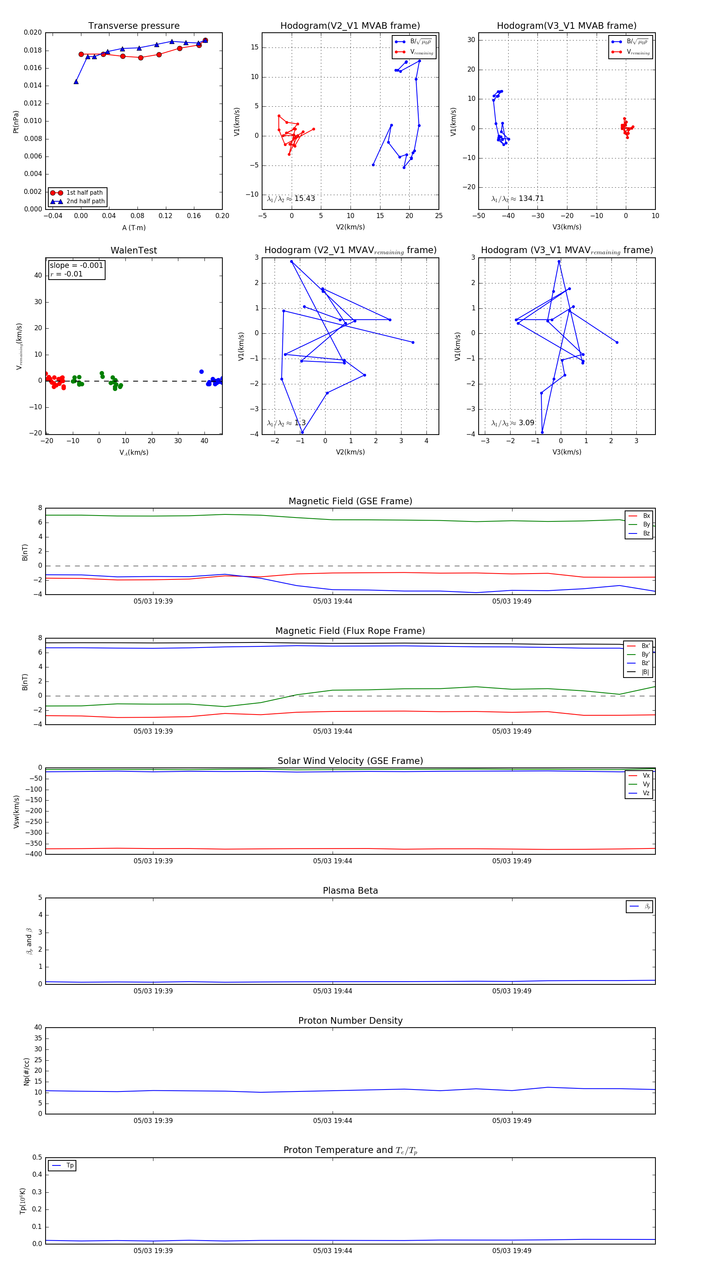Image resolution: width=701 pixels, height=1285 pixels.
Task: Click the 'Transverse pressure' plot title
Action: pyautogui.click(x=134, y=26)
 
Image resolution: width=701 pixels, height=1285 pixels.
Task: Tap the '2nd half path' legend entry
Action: pyautogui.click(x=85, y=202)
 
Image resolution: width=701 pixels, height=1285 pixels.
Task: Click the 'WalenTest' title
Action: pyautogui.click(x=134, y=250)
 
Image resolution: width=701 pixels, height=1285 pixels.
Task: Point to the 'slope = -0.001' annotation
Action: pyautogui.click(x=76, y=266)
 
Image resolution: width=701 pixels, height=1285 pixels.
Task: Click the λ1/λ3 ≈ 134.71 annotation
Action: pyautogui.click(x=518, y=199)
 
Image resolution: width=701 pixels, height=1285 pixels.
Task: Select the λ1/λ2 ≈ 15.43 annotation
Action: pyautogui.click(x=291, y=199)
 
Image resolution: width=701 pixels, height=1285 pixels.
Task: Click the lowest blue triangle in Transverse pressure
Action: pyautogui.click(x=76, y=82)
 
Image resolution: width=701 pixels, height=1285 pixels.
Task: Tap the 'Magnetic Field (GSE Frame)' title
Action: pyautogui.click(x=350, y=501)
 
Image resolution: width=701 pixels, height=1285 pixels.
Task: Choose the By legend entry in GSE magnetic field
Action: pyautogui.click(x=646, y=524)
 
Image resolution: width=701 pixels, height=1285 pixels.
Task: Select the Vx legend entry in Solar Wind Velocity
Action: pyautogui.click(x=646, y=775)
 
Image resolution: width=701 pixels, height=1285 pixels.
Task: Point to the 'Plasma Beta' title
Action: pyautogui.click(x=350, y=891)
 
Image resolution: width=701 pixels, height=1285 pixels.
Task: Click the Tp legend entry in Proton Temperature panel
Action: pyautogui.click(x=70, y=1165)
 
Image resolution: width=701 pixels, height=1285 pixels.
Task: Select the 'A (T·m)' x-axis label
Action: pyautogui.click(x=134, y=227)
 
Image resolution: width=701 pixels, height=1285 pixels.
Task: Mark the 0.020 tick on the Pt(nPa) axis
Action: pyautogui.click(x=33, y=32)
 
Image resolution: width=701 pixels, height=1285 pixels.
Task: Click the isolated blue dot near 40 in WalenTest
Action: pyautogui.click(x=202, y=371)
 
